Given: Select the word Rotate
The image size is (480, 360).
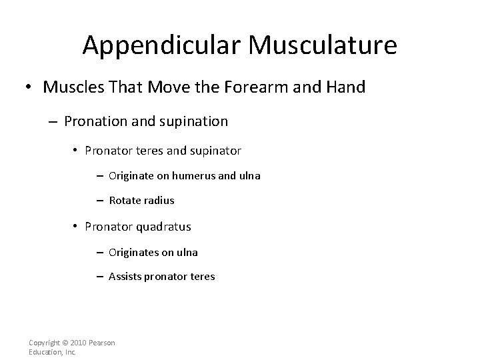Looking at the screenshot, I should (x=125, y=201).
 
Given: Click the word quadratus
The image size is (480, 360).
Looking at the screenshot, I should (x=164, y=227).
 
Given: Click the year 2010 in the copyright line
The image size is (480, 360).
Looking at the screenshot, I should (x=81, y=343).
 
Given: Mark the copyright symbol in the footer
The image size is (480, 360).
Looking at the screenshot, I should (x=64, y=343).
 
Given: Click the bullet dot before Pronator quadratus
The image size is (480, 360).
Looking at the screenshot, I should (x=76, y=227).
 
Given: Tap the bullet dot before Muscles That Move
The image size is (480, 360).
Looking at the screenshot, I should (x=30, y=88).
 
